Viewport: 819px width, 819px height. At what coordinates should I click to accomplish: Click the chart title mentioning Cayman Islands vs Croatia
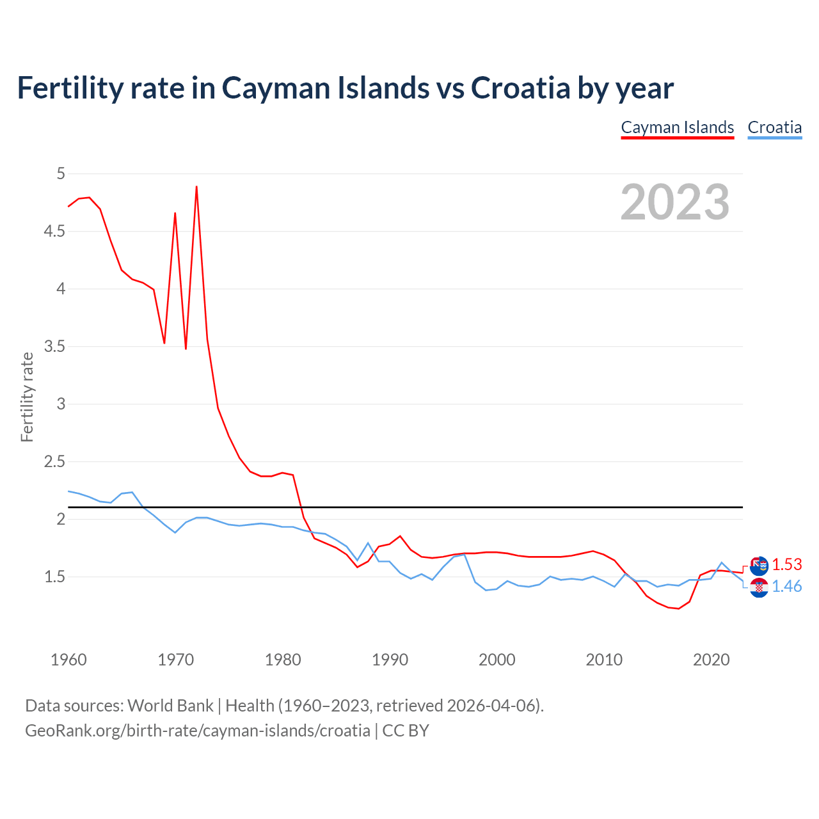coord(345,88)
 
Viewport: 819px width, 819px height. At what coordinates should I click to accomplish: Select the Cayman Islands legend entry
coord(678,127)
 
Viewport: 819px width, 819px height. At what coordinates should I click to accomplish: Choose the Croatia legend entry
coord(774,127)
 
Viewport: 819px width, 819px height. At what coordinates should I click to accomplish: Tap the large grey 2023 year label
coord(675,202)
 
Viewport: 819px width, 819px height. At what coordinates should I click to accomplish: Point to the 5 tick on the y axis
coord(61,173)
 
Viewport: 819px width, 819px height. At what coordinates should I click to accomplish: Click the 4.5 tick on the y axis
coord(55,231)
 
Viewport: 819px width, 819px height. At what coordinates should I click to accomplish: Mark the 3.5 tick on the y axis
coord(55,346)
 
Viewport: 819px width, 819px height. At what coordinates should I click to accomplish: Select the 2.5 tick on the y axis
coord(55,461)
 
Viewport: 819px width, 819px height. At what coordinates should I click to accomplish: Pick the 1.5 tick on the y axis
coord(55,576)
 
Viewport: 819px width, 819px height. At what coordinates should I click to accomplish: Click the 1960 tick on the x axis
coord(68,660)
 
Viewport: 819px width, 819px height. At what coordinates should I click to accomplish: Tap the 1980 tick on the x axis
coord(283,660)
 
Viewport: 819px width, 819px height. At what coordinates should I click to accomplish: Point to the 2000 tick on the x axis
coord(497,660)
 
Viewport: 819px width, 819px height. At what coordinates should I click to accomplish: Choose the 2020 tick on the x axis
coord(711,660)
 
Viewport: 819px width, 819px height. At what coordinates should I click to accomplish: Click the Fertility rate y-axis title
coord(27,397)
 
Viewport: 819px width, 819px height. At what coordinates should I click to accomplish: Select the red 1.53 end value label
coord(786,564)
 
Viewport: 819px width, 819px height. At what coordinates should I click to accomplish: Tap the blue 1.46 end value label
coord(786,586)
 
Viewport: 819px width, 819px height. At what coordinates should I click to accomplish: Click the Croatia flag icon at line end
coord(759,587)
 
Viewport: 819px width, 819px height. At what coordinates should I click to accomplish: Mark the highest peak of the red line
coord(196,187)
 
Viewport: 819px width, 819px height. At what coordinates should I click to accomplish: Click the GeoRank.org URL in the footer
coord(197,731)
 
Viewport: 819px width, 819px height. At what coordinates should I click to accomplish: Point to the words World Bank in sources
coord(170,706)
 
